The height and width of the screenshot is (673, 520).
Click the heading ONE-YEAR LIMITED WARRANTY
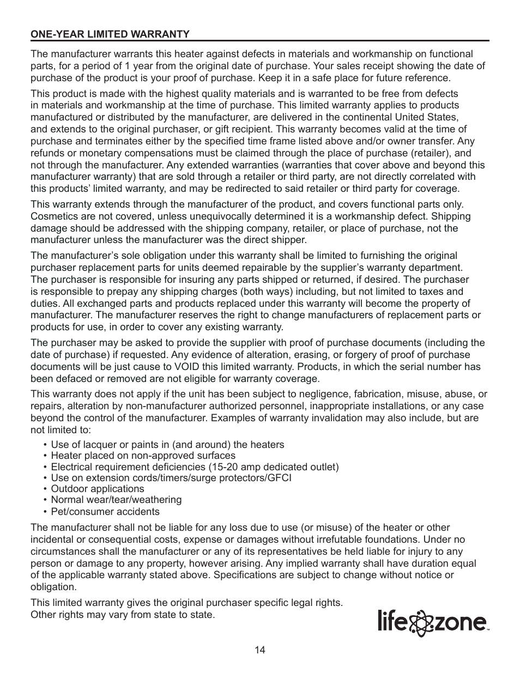(x=110, y=34)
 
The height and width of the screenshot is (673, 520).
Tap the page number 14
(x=259, y=650)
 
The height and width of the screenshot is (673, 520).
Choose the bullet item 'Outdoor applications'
(x=97, y=489)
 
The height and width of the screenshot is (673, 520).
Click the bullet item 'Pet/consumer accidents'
(x=105, y=512)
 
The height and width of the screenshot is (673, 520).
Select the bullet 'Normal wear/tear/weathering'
(x=116, y=500)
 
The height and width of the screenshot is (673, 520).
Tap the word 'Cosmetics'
(x=53, y=216)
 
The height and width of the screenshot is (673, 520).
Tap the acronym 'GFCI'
(x=280, y=478)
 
